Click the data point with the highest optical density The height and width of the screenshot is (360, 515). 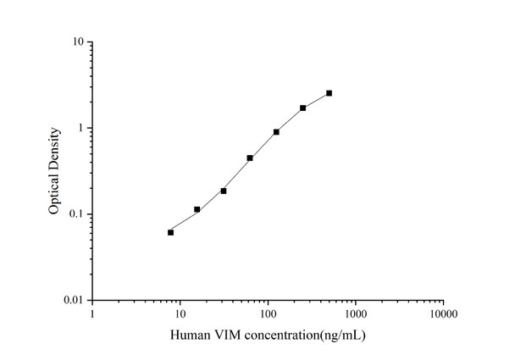tap(329, 93)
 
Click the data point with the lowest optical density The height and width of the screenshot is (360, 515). tap(171, 232)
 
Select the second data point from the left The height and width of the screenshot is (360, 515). tap(197, 209)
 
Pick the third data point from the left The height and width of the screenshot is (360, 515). tap(224, 191)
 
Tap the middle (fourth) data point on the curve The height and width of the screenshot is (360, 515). tap(250, 158)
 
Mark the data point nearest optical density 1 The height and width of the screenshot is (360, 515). tap(276, 132)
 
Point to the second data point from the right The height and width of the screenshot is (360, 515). tap(302, 108)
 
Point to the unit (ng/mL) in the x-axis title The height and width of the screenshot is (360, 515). tap(339, 335)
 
